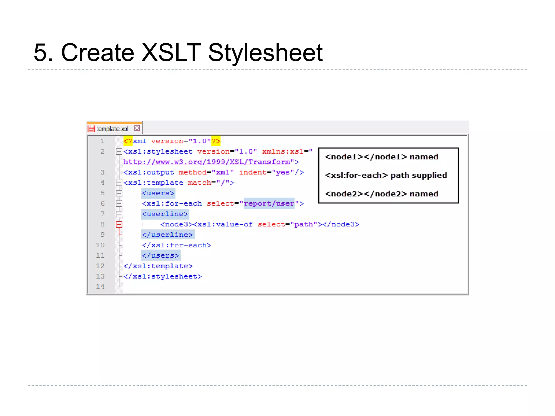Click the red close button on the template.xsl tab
pyautogui.click(x=137, y=128)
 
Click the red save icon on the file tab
pyautogui.click(x=92, y=128)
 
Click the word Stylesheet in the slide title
pyautogui.click(x=265, y=53)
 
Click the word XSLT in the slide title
pyautogui.click(x=171, y=53)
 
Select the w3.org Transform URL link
pyautogui.click(x=207, y=162)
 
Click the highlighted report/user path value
pyautogui.click(x=269, y=204)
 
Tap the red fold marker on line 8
pyautogui.click(x=119, y=225)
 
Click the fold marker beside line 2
pyautogui.click(x=119, y=152)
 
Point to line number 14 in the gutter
pyautogui.click(x=100, y=287)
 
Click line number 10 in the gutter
pyautogui.click(x=100, y=245)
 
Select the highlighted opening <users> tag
pyautogui.click(x=158, y=193)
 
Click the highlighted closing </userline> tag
pyautogui.click(x=167, y=235)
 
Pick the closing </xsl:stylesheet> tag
pyautogui.click(x=163, y=277)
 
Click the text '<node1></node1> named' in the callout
pyautogui.click(x=381, y=157)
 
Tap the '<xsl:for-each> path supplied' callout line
pyautogui.click(x=386, y=175)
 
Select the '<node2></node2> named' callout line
pyautogui.click(x=381, y=194)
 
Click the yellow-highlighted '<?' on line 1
pyautogui.click(x=128, y=141)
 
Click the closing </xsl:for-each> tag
pyautogui.click(x=176, y=245)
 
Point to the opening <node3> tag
pyautogui.click(x=176, y=225)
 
